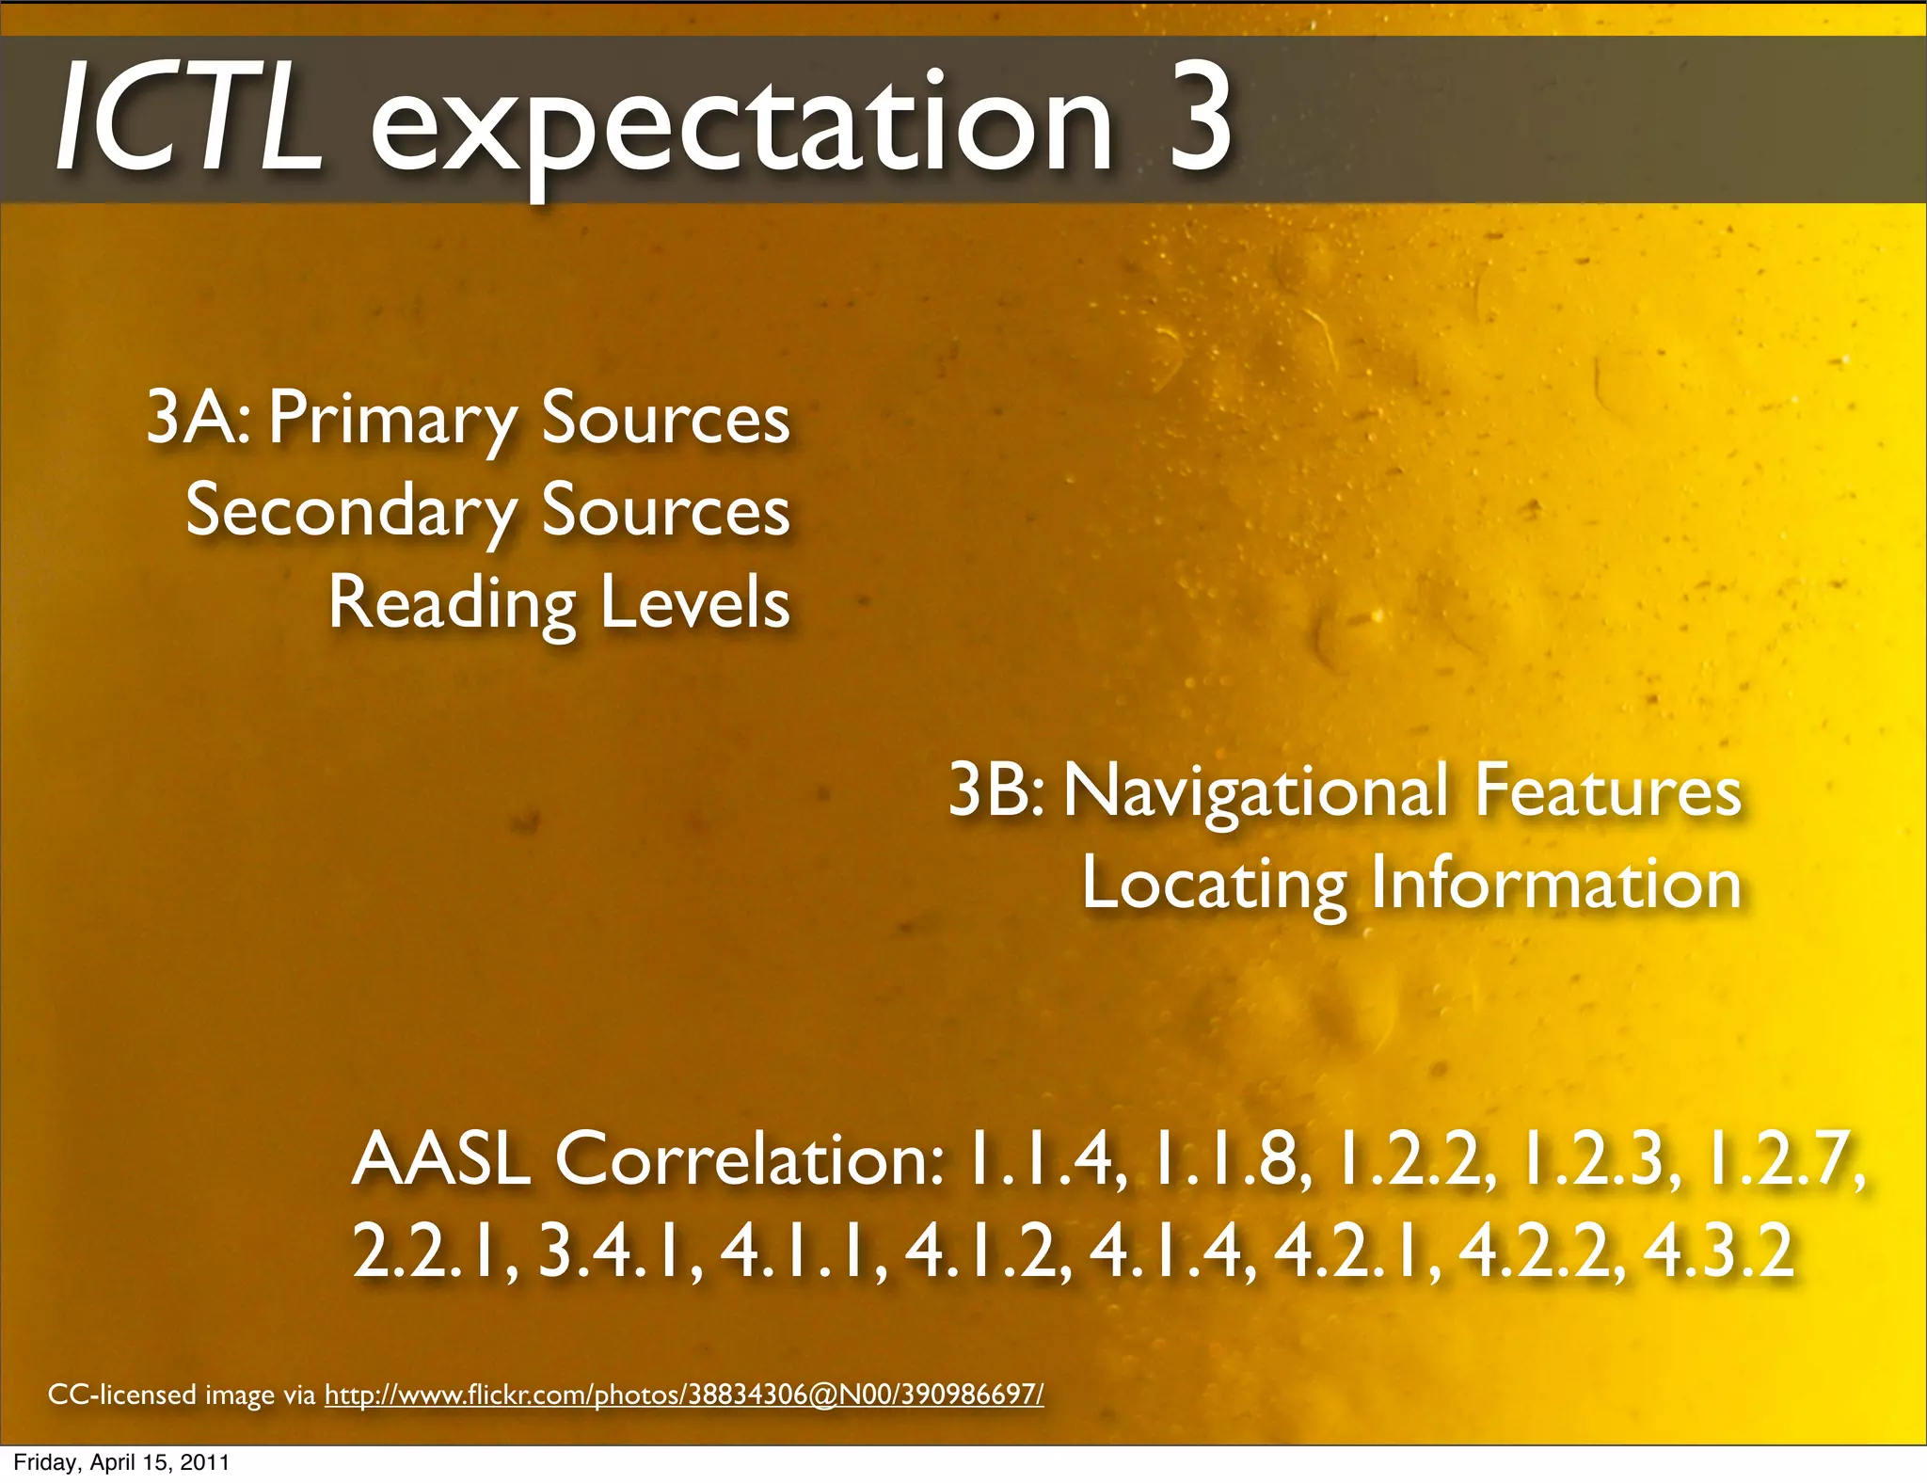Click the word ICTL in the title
188,122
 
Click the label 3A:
198,418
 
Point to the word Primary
391,420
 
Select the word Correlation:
749,1159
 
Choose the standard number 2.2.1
434,1252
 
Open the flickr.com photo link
684,1394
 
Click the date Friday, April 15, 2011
120,1462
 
